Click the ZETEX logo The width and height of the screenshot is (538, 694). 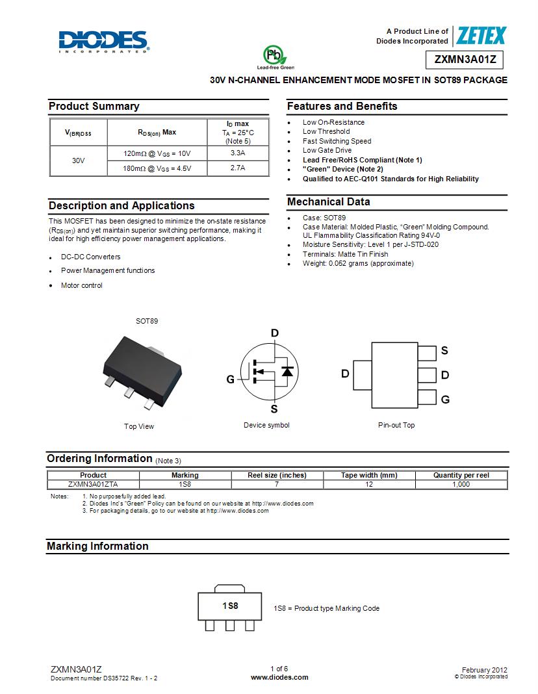pos(481,36)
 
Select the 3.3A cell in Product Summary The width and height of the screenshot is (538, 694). pos(237,153)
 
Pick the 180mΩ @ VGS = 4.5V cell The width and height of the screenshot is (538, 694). pos(157,168)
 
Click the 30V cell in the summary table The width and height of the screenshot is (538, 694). pos(79,161)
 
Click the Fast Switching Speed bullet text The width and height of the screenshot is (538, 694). pos(337,141)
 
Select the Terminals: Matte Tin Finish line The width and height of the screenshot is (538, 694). pos(345,254)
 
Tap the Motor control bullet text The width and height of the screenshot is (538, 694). pos(82,285)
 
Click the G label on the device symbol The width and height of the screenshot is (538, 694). pos(230,379)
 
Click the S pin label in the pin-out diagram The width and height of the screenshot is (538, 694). pos(444,351)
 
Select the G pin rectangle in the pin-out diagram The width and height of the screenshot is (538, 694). pos(427,398)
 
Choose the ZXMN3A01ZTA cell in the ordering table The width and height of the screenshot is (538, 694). pos(93,484)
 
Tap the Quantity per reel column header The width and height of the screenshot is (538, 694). pos(461,475)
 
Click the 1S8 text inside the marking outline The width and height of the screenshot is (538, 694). pos(230,606)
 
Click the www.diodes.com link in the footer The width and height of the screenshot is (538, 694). pos(279,677)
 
